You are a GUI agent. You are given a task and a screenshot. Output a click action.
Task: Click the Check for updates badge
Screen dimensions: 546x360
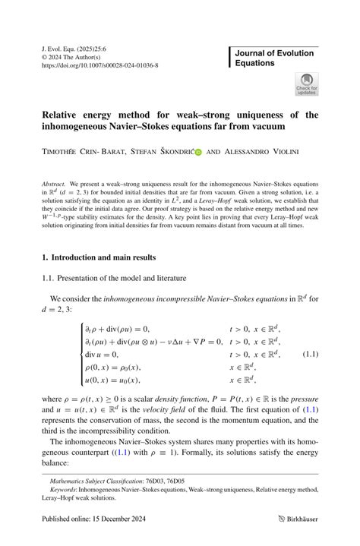point(307,84)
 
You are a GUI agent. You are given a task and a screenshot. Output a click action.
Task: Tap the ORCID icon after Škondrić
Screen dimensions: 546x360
point(198,151)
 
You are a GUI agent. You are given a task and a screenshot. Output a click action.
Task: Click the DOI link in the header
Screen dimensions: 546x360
point(99,65)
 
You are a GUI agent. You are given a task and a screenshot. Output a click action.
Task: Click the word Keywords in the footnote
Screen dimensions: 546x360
point(65,491)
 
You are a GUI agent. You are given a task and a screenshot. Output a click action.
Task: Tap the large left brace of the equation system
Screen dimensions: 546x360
point(80,354)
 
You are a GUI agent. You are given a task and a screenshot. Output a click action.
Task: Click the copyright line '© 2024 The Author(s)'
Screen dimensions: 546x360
point(74,56)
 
